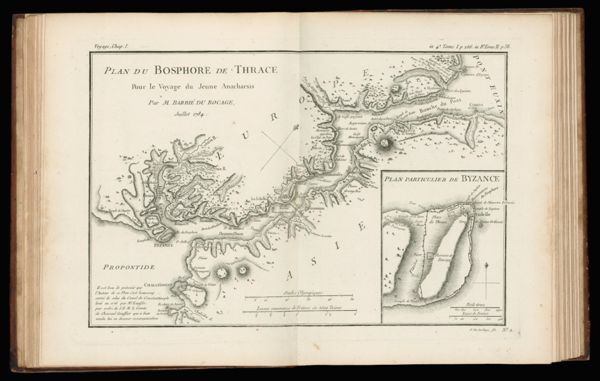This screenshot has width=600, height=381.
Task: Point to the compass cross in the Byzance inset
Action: (x=487, y=268)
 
